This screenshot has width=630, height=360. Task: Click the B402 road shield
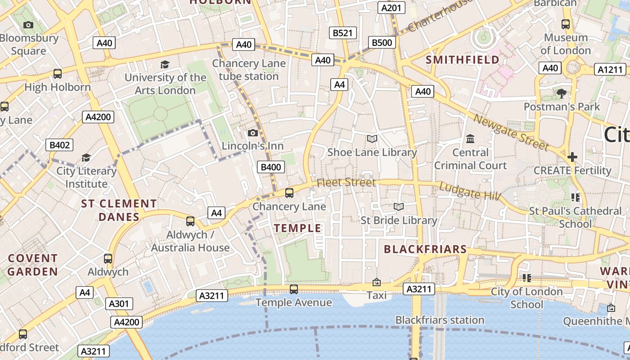click(x=59, y=145)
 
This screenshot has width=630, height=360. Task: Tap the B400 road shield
click(x=271, y=167)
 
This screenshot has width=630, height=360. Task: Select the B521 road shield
click(x=342, y=33)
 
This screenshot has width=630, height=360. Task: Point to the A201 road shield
click(x=391, y=8)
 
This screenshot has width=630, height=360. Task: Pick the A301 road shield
click(x=119, y=304)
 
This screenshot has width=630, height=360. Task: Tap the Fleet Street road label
click(x=346, y=182)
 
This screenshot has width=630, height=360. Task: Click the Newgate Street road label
click(x=512, y=133)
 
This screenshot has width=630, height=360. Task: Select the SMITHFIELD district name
click(x=462, y=60)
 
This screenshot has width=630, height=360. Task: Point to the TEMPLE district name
click(x=298, y=228)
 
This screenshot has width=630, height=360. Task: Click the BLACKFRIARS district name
click(x=425, y=249)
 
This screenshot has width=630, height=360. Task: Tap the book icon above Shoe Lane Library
click(x=372, y=139)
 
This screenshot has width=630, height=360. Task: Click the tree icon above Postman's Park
click(x=561, y=93)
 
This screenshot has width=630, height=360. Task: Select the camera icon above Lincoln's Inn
click(x=253, y=133)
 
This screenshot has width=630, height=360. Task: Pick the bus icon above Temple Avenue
click(x=294, y=289)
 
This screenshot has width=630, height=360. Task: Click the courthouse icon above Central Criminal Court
click(x=470, y=139)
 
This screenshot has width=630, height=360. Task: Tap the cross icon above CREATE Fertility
click(x=572, y=157)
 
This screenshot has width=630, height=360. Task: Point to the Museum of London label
click(x=565, y=44)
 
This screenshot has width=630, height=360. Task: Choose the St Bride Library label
click(x=399, y=220)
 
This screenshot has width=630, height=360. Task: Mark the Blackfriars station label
click(x=440, y=320)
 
